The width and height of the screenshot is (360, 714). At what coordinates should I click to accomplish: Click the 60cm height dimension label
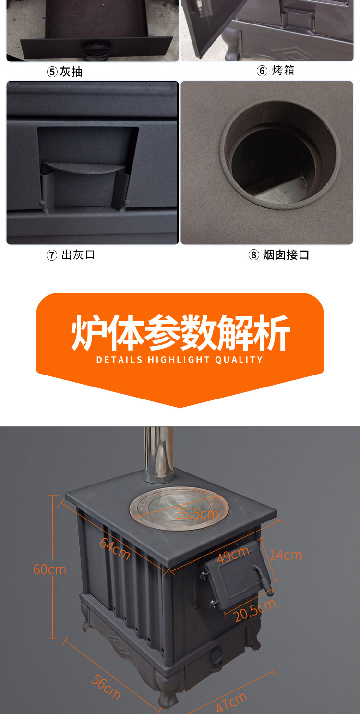[x=49, y=569]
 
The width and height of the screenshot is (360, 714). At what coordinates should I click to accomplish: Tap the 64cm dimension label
[x=115, y=549]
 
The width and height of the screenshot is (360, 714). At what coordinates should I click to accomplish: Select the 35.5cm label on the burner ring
[x=196, y=514]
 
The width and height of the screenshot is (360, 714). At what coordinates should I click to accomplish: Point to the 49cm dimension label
[x=233, y=555]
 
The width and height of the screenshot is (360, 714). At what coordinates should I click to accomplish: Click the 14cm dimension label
[x=286, y=555]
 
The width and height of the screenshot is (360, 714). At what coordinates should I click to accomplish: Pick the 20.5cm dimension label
[x=254, y=611]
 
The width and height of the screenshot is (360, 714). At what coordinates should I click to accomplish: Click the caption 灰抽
[x=71, y=72]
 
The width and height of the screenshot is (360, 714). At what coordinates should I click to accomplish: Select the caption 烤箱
[x=283, y=71]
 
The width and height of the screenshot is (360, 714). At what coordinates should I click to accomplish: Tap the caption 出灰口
[x=78, y=255]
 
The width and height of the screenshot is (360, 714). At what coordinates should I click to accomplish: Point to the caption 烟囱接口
[x=286, y=255]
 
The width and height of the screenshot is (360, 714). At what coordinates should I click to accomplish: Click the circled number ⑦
[x=52, y=255]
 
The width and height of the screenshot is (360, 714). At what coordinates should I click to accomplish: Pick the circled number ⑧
[x=253, y=255]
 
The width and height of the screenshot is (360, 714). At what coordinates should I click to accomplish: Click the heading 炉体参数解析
[x=180, y=332]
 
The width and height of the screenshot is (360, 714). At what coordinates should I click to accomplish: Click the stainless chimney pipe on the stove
[x=159, y=454]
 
